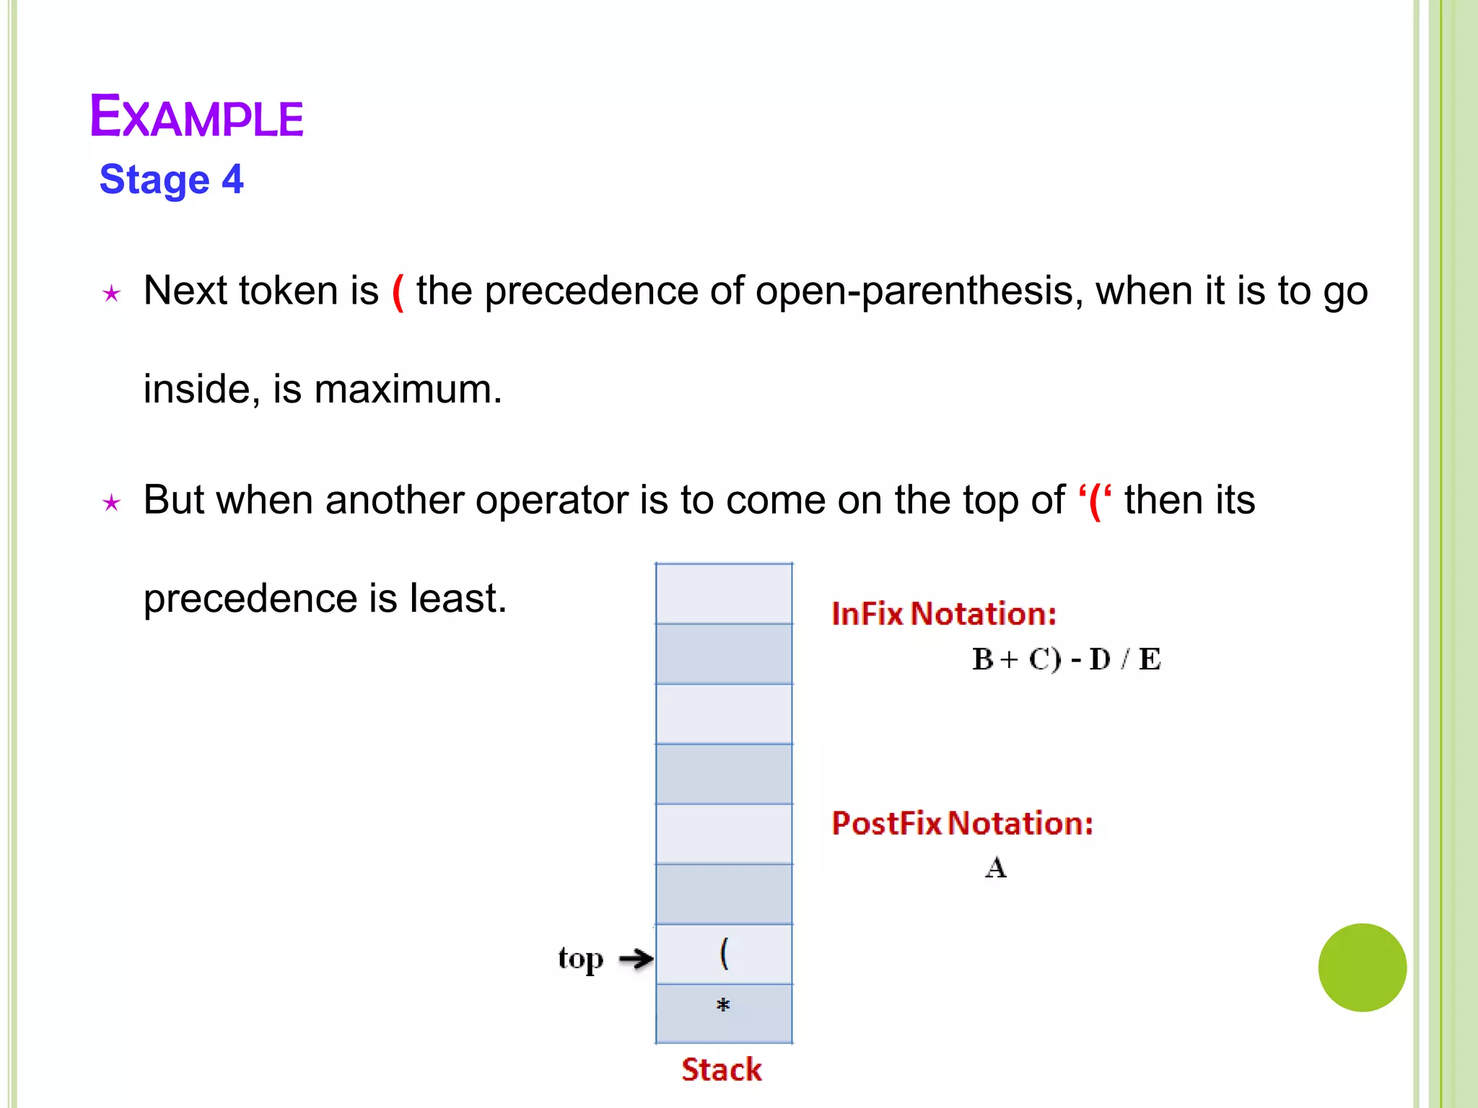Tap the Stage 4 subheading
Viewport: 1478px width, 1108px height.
(172, 180)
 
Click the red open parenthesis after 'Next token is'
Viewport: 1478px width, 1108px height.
(398, 292)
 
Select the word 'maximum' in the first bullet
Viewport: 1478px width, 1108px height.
(407, 390)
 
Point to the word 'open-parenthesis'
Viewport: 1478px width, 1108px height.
(914, 291)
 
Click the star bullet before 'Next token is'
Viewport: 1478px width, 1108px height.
(111, 294)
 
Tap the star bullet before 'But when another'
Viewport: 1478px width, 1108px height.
(111, 503)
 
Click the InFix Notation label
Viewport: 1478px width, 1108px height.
(944, 614)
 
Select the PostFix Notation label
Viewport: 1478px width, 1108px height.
(962, 823)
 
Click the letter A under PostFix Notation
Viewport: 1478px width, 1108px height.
(996, 868)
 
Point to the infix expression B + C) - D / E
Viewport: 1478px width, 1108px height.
(1066, 659)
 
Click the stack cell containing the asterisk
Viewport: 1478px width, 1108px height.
(724, 1014)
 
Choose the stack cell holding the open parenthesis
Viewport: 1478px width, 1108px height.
(724, 954)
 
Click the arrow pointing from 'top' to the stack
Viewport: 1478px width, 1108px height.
(636, 959)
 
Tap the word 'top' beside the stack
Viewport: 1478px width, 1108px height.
(580, 959)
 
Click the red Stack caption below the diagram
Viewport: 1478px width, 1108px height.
(722, 1070)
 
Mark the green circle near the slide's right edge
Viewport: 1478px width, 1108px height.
(1362, 967)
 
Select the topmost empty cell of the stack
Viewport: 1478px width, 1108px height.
(724, 594)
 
